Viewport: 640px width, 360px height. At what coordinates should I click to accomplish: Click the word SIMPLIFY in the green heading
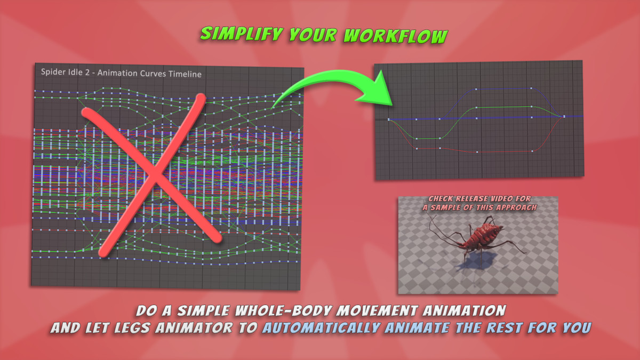point(241,34)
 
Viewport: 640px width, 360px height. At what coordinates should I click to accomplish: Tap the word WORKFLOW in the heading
point(395,36)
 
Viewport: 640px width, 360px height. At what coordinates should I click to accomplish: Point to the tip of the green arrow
point(392,106)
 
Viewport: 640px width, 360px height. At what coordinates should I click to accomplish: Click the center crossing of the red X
point(155,174)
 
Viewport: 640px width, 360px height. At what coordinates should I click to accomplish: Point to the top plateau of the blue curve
point(503,89)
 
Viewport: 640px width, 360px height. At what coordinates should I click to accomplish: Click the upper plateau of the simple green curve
point(503,107)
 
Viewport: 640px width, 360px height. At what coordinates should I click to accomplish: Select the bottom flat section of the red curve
point(505,151)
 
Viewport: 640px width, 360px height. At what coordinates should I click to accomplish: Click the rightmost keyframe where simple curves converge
point(564,117)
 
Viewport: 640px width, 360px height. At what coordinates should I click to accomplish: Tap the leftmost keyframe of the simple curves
point(389,119)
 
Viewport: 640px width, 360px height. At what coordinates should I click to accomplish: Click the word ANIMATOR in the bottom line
point(194,328)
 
